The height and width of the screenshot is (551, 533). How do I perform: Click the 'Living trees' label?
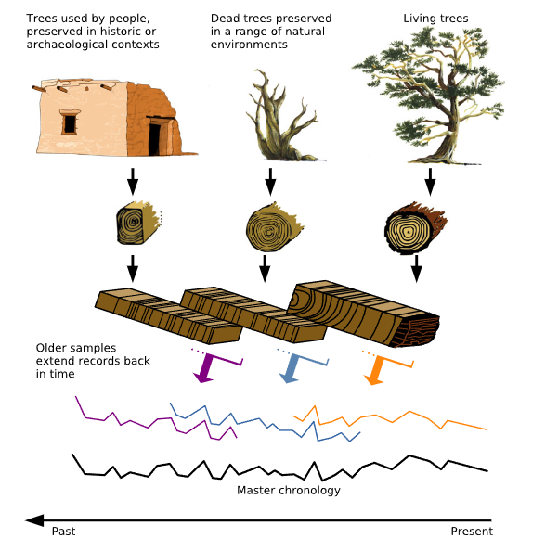point(435,19)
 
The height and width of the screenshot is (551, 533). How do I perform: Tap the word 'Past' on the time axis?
point(63,531)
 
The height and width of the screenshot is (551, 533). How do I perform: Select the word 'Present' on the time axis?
point(472,531)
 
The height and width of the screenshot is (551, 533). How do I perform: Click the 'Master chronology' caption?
point(289,490)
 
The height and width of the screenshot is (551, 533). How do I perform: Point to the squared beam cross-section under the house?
point(136,223)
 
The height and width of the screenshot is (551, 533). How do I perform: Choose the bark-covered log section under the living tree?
point(413,228)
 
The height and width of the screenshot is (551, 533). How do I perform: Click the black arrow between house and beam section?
point(133,181)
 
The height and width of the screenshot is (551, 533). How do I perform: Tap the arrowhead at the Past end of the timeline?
point(34,520)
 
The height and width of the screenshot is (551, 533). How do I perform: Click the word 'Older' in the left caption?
point(49,348)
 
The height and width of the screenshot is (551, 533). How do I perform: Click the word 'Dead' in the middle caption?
point(223,19)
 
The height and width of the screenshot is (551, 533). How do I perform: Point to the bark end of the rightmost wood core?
point(417,330)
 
